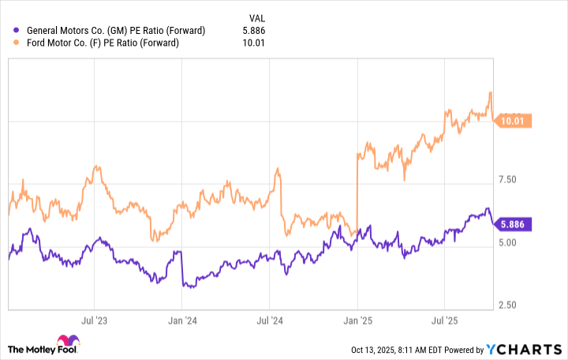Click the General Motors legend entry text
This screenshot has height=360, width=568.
(115, 30)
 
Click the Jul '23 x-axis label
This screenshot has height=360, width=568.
(94, 321)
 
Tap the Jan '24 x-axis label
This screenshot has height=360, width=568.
(182, 321)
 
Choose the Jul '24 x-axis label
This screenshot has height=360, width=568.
(269, 321)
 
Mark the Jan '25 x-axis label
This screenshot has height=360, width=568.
(357, 321)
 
